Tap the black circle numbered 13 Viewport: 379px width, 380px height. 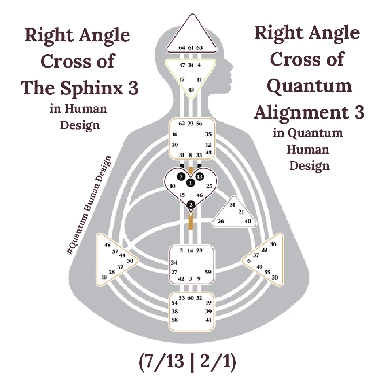(x=199, y=177)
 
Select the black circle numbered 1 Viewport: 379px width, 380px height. (x=191, y=183)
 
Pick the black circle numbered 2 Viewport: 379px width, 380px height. (x=191, y=205)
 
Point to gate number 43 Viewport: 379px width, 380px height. (x=191, y=89)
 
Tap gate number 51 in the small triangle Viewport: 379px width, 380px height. (x=232, y=205)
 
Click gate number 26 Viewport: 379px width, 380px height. (x=220, y=221)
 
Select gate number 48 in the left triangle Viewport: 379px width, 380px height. (x=107, y=245)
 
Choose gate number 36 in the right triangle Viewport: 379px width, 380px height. (x=273, y=244)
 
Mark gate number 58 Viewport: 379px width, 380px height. (x=175, y=320)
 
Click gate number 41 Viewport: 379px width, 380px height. (x=208, y=320)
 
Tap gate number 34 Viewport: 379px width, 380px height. (x=174, y=263)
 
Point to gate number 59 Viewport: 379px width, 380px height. (x=208, y=272)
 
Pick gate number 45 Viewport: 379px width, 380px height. (x=208, y=152)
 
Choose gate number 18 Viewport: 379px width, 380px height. (x=104, y=277)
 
